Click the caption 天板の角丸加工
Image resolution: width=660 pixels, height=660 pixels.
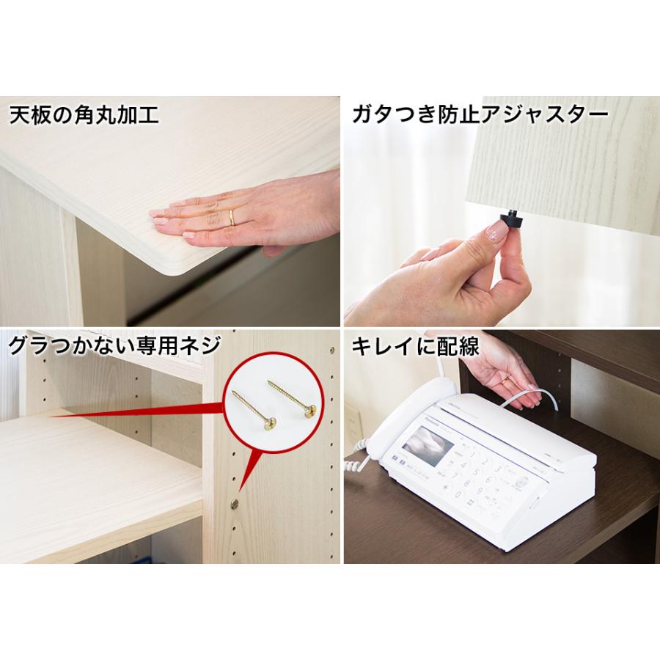85,116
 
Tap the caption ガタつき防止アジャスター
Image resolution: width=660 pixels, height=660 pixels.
480,116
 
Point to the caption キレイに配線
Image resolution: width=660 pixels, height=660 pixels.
415,346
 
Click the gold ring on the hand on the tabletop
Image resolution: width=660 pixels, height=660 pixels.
232,216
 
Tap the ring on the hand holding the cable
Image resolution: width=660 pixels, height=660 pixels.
506,379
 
